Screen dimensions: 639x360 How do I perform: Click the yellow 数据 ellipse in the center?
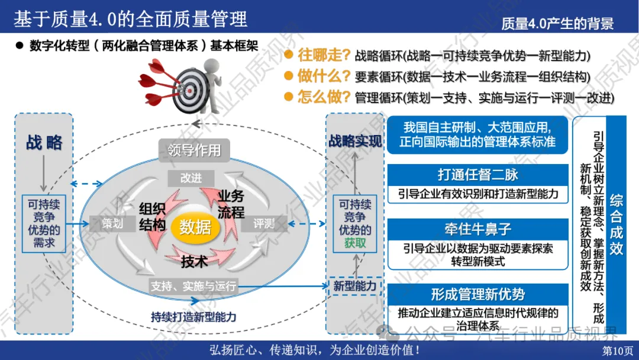195,226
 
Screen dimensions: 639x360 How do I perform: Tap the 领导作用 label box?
194,150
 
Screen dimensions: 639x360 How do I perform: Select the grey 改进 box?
191,178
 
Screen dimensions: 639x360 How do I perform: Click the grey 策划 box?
112,224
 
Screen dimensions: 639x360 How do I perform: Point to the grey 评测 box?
264,224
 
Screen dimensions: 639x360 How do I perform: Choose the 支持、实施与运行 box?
193,287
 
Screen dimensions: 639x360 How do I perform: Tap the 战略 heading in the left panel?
44,143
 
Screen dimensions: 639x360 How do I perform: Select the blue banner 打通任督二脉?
477,175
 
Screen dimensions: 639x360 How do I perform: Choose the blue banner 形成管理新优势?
477,294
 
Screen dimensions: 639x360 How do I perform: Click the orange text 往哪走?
323,56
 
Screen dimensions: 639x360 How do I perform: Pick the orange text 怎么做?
323,96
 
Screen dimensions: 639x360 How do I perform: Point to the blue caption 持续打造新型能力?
193,317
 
